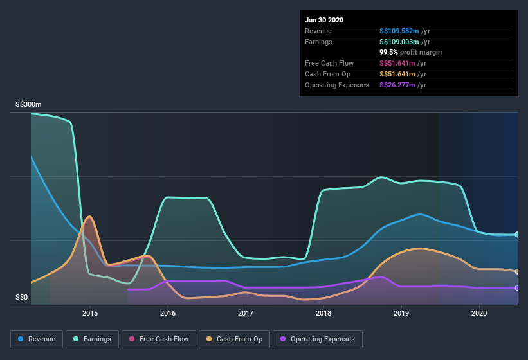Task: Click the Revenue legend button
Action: click(x=37, y=339)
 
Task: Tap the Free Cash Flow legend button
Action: click(x=159, y=339)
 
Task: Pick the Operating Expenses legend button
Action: click(x=317, y=339)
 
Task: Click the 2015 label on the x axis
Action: click(x=90, y=313)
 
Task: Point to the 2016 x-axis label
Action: click(x=168, y=313)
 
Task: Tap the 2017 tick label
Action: click(x=246, y=313)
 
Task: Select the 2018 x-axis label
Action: click(x=323, y=313)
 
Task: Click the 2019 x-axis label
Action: click(x=401, y=313)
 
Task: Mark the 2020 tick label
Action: click(x=479, y=313)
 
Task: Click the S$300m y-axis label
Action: click(x=28, y=104)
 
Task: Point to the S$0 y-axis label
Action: click(x=22, y=297)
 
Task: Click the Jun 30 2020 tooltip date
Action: click(x=324, y=20)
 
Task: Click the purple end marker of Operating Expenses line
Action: click(x=517, y=288)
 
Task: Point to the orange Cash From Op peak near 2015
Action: click(x=89, y=217)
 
